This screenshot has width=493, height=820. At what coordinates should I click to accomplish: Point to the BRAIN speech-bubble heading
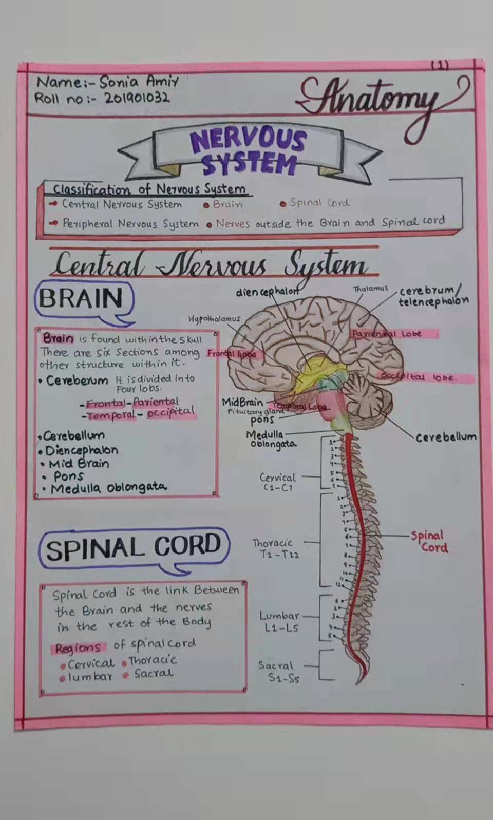81,299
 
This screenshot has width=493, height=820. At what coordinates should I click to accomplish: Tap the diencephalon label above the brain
266,292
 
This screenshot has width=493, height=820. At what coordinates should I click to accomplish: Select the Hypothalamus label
214,319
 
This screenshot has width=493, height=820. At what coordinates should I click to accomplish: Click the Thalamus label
370,289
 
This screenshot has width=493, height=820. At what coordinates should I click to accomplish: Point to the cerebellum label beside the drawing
445,437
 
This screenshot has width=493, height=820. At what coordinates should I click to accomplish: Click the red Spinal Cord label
429,542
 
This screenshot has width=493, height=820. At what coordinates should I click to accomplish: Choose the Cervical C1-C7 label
277,482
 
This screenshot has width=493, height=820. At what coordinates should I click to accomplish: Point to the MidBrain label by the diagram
242,402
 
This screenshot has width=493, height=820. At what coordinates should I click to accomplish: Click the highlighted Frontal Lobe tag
232,354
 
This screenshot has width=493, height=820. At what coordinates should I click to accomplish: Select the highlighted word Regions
78,648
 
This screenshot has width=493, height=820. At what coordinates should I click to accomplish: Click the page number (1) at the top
440,65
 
